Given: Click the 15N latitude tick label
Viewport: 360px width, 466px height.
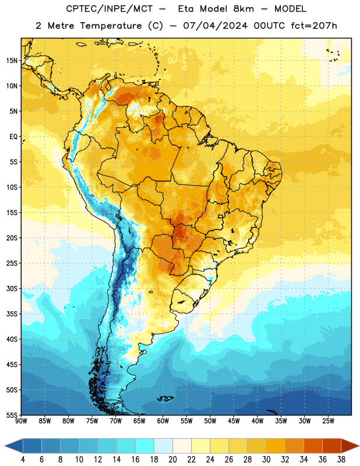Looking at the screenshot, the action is [12, 61].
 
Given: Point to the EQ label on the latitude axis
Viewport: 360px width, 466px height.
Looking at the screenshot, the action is [13, 137].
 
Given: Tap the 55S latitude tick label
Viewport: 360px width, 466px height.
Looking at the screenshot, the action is [12, 415].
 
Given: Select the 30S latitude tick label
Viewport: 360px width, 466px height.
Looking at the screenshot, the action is [12, 288].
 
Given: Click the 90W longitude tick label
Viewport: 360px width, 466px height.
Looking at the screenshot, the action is [21, 421].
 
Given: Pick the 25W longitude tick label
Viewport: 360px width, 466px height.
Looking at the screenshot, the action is [328, 421].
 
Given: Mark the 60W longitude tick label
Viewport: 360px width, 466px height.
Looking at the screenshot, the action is [163, 421].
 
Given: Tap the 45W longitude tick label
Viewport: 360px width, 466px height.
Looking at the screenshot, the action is [234, 421].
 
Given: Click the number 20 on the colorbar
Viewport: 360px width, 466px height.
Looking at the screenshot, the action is [172, 460].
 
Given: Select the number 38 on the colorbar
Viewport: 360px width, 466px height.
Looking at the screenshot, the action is [341, 460].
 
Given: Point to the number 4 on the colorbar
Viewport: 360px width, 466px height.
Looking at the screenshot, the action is [23, 460].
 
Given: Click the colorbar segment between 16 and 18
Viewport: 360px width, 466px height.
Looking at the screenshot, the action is [145, 446].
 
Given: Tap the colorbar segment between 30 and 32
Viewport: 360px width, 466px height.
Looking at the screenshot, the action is [276, 446].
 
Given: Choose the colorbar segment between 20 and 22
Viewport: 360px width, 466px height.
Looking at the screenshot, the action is [182, 446].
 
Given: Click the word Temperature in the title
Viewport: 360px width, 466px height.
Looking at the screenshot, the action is [111, 26].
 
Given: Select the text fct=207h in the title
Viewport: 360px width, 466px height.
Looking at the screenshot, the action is [314, 26].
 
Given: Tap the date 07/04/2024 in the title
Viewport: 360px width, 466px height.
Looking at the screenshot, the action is [215, 26].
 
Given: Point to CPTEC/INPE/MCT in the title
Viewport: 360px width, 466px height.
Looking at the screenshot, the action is [110, 9].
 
